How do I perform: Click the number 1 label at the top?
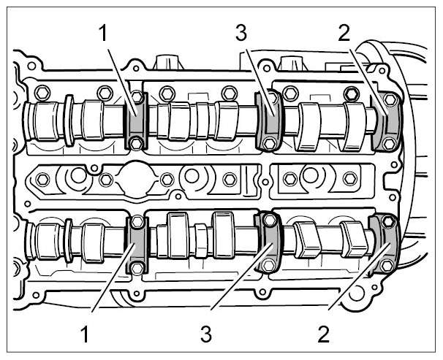point(103,34)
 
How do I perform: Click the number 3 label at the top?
point(241,34)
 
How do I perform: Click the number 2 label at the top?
point(344,34)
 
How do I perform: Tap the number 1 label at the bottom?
point(85,334)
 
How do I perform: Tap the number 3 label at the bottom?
point(206,334)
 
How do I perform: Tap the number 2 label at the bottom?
point(324,334)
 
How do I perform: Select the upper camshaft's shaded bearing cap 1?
point(136,120)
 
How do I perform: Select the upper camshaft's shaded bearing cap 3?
point(268,120)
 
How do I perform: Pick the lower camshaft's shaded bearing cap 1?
point(137,245)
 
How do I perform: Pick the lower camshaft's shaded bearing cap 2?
point(385,243)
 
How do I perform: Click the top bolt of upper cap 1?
point(137,97)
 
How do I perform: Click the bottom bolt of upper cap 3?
point(268,144)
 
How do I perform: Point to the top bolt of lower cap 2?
point(388,222)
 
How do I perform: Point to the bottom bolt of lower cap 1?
point(137,267)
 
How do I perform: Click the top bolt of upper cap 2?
point(390,99)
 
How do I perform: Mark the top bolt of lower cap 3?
point(270,221)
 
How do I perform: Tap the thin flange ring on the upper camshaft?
point(69,120)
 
